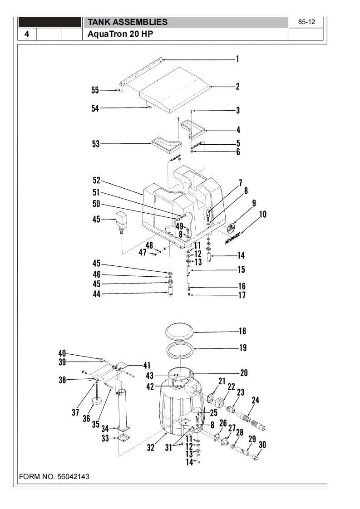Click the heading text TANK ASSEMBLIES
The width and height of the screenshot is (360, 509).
pyautogui.click(x=127, y=22)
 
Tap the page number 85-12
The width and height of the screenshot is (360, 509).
pyautogui.click(x=307, y=22)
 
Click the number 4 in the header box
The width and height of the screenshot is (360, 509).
pyautogui.click(x=27, y=34)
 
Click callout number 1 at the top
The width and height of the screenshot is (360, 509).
pyautogui.click(x=237, y=59)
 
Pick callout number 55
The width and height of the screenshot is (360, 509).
pyautogui.click(x=95, y=90)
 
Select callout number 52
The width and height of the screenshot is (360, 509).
pyautogui.click(x=96, y=181)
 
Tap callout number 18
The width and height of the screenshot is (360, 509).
pyautogui.click(x=242, y=331)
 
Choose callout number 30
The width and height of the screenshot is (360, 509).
pyautogui.click(x=262, y=445)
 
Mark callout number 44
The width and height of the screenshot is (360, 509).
pyautogui.click(x=96, y=294)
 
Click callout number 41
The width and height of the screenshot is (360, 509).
pyautogui.click(x=147, y=365)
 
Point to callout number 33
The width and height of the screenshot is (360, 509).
pyautogui.click(x=105, y=438)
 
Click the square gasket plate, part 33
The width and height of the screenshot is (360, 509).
pyautogui.click(x=122, y=437)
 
